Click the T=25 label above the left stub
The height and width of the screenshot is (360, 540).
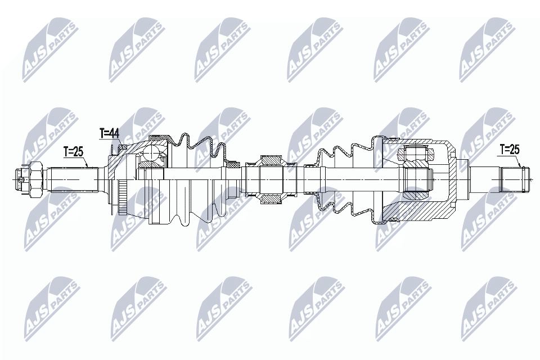pyautogui.click(x=73, y=151)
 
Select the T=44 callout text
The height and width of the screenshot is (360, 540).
pyautogui.click(x=109, y=133)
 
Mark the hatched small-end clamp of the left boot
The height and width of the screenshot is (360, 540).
pyautogui.click(x=232, y=166)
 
